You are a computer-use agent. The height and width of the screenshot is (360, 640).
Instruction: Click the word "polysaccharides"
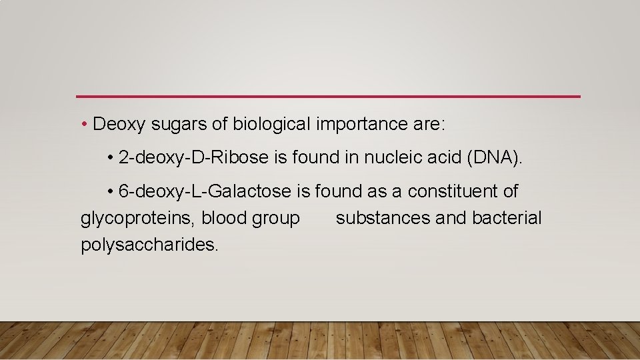click(149, 245)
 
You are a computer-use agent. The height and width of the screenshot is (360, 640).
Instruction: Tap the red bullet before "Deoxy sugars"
click(86, 125)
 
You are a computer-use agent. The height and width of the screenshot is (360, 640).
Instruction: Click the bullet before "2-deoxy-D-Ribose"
click(110, 159)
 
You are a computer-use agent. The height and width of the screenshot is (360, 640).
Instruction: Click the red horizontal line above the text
click(328, 97)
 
